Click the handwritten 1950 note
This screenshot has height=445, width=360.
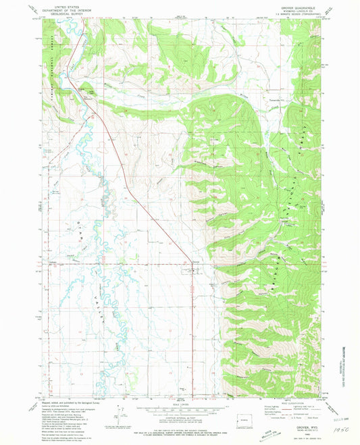(x=340, y=418)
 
